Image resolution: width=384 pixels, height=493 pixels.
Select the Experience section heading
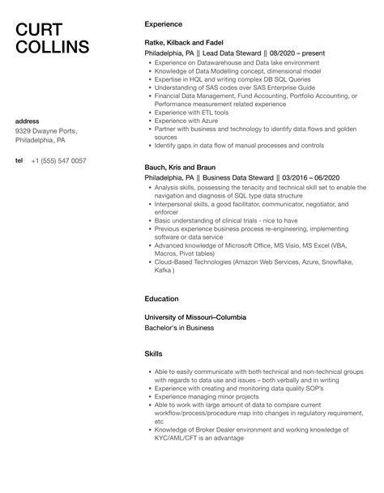tap(163, 24)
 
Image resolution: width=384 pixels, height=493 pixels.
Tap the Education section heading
tap(161, 299)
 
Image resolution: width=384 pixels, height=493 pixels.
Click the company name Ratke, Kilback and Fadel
tap(184, 42)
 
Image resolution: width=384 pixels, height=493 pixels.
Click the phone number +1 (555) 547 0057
tap(58, 161)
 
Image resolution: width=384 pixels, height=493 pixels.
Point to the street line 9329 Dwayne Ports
tap(46, 131)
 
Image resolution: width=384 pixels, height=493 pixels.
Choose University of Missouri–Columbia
tap(194, 317)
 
